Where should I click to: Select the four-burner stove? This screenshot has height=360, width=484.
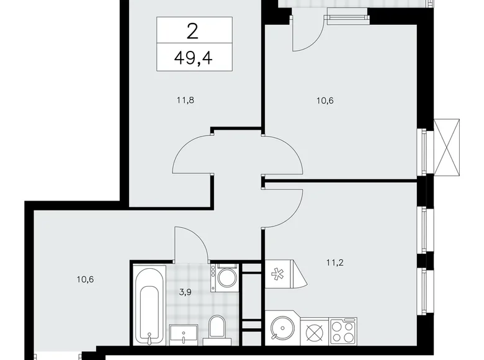343,330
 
